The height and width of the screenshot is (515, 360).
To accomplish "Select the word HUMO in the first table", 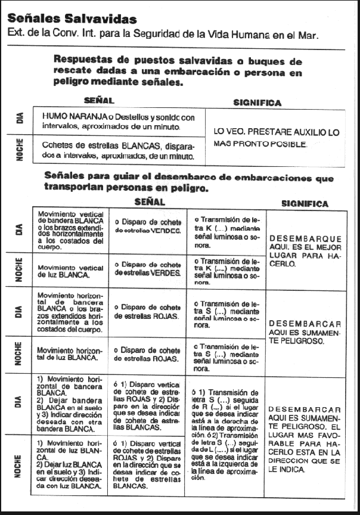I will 56,117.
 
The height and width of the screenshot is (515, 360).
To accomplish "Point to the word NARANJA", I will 90,117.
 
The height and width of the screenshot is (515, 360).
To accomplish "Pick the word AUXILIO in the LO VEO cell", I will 303,132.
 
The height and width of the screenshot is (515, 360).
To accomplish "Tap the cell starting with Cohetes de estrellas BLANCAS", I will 118,150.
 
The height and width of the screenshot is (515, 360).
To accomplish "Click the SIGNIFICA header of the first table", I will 257,103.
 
